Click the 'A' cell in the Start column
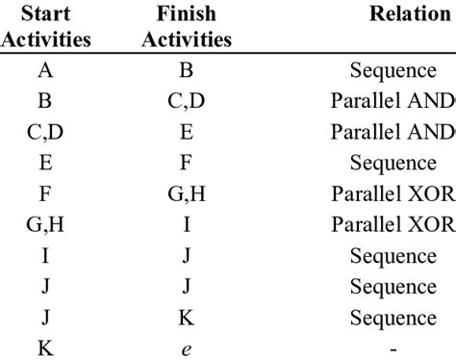(45, 69)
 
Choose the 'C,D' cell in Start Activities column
(45, 132)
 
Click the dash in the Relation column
(393, 349)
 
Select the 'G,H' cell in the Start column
(45, 225)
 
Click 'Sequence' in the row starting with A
(393, 69)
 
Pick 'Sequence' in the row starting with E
(393, 163)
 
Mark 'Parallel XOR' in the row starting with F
(393, 193)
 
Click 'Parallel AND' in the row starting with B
(393, 100)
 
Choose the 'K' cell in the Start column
(45, 349)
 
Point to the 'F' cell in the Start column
(45, 193)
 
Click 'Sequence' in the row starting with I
(393, 256)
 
